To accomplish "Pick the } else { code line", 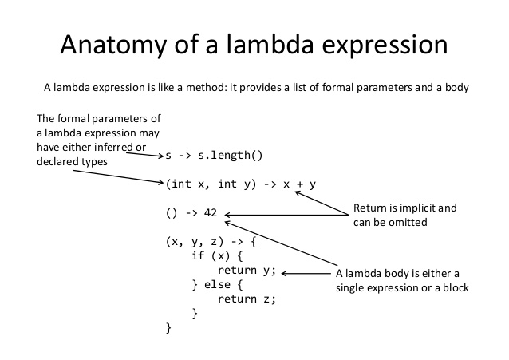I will point(221,285).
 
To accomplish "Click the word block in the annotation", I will point(452,287).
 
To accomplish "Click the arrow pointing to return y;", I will point(306,274).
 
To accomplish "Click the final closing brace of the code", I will point(168,328).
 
